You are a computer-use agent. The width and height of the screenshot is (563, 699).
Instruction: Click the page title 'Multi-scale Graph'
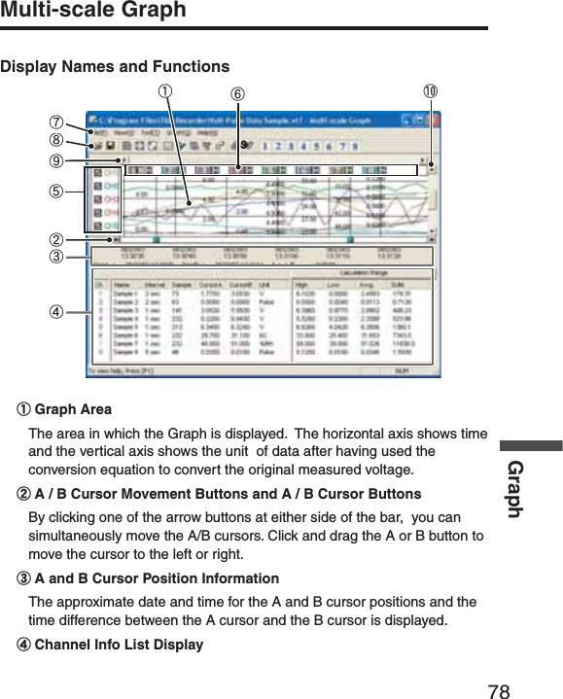coord(93,12)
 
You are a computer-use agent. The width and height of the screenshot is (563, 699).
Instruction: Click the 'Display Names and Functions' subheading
coord(115,67)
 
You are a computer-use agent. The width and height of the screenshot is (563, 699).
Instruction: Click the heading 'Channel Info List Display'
coord(119,645)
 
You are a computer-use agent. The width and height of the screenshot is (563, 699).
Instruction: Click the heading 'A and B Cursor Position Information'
coord(156,579)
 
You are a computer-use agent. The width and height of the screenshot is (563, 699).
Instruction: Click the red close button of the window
coord(433,118)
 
